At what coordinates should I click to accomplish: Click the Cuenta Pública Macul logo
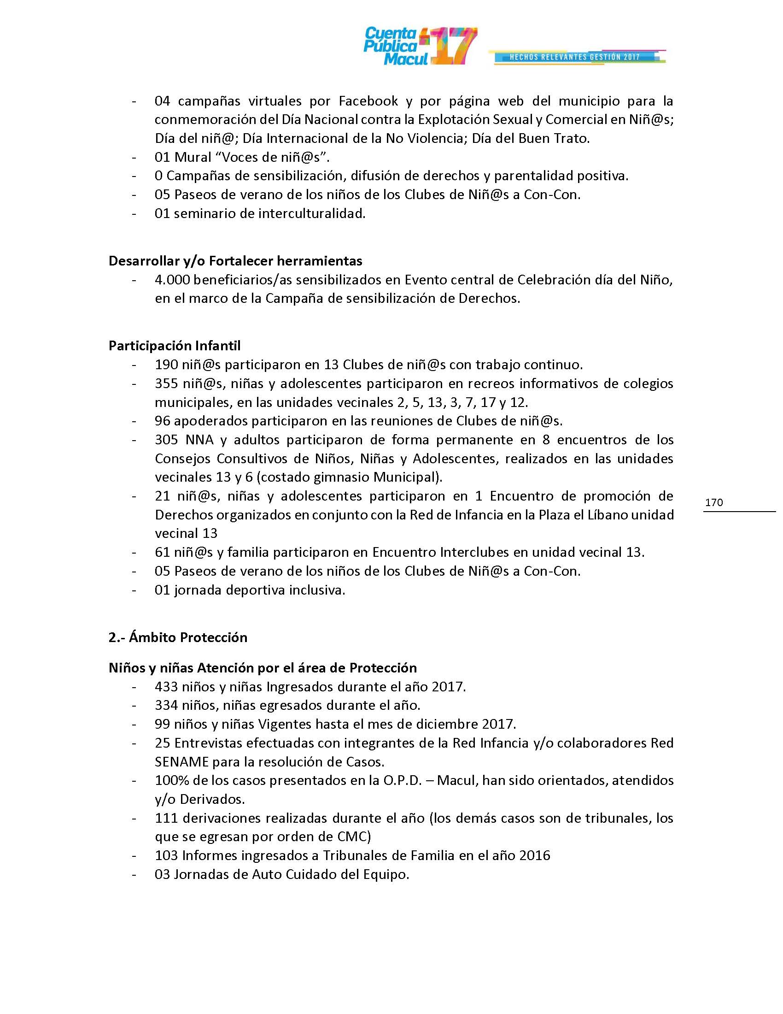tap(420, 46)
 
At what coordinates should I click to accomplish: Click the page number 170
tap(714, 502)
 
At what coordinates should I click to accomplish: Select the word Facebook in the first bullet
tap(368, 101)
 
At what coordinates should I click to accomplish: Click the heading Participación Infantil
tap(175, 345)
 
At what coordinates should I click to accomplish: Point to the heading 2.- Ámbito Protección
tap(178, 637)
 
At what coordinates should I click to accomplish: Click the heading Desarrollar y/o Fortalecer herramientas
tap(235, 261)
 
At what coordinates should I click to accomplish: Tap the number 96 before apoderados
tap(162, 421)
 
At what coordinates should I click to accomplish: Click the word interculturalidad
tap(312, 213)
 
